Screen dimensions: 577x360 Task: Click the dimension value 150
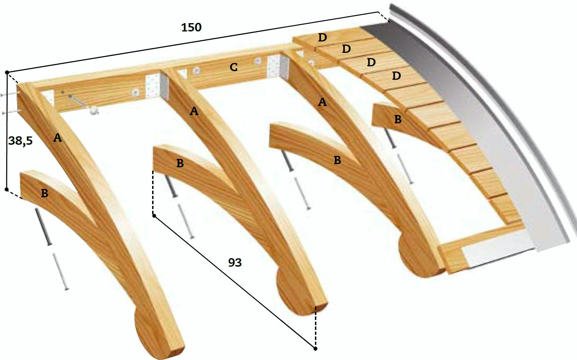[x=191, y=27]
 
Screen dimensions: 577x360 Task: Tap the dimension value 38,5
[x=20, y=141]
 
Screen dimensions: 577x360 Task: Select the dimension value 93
[x=235, y=263]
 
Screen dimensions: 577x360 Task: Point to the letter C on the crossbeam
[x=234, y=67]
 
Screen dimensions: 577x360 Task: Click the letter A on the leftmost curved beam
[x=57, y=138]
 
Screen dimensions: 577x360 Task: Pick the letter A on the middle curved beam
[x=194, y=111]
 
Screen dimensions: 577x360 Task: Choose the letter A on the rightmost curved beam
[x=322, y=102]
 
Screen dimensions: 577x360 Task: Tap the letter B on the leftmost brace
[x=45, y=193]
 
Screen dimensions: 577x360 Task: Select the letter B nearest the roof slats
[x=398, y=119]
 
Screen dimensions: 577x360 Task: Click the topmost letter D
[x=323, y=38]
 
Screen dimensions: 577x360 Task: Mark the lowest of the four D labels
[x=396, y=76]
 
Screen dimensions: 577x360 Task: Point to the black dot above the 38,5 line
[x=7, y=72]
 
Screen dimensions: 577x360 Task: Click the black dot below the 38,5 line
[x=7, y=190]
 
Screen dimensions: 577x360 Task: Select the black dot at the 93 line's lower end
[x=315, y=349]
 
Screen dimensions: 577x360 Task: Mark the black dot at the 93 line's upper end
[x=154, y=216]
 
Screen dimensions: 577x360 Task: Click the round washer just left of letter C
[x=196, y=70]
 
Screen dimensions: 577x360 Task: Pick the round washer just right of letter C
[x=257, y=61]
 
